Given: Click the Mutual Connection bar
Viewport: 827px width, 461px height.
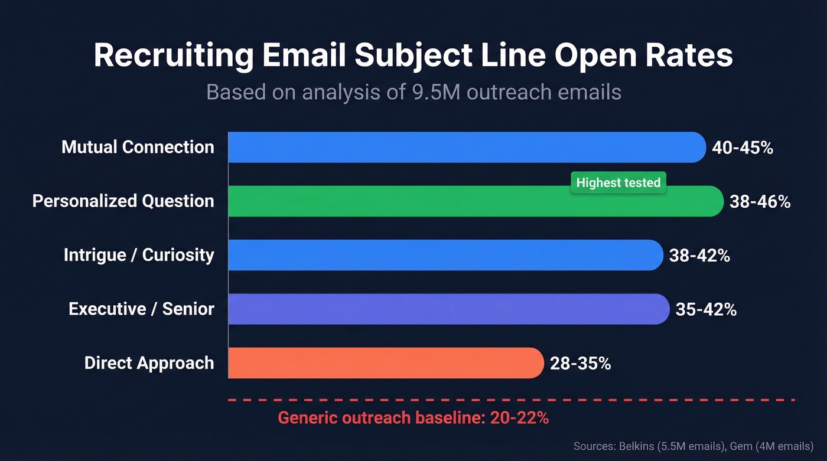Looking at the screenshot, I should click(467, 148).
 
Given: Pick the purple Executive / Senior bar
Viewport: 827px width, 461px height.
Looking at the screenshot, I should click(449, 309).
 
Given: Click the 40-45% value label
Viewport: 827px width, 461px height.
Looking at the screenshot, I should click(743, 148).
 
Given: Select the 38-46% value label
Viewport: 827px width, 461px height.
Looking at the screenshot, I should click(760, 201).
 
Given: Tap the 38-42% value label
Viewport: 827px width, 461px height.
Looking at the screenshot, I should click(699, 256).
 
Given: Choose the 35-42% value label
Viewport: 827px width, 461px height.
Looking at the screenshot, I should click(706, 309).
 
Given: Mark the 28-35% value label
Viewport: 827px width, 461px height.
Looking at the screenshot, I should click(580, 363).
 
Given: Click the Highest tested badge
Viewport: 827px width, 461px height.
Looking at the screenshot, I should click(618, 182).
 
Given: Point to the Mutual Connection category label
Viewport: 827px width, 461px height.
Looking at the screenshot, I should click(138, 147).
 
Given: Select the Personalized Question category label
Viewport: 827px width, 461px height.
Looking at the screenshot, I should click(123, 201).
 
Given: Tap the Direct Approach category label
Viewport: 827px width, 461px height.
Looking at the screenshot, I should click(149, 362).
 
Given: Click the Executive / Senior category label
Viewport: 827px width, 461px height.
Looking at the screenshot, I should click(141, 309).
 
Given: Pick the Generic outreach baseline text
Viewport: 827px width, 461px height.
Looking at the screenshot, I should click(413, 418).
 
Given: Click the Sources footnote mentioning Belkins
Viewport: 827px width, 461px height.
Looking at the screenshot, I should click(693, 446).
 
